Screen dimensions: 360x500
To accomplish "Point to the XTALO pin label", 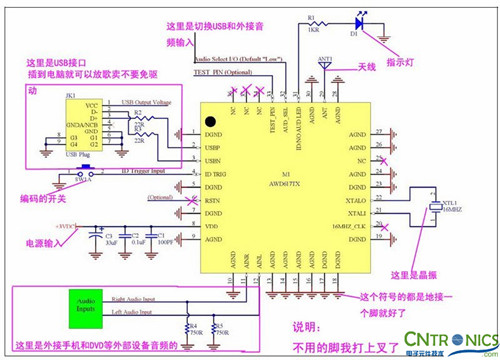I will click(x=357, y=200).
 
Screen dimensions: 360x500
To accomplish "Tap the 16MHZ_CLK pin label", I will click(x=352, y=228).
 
